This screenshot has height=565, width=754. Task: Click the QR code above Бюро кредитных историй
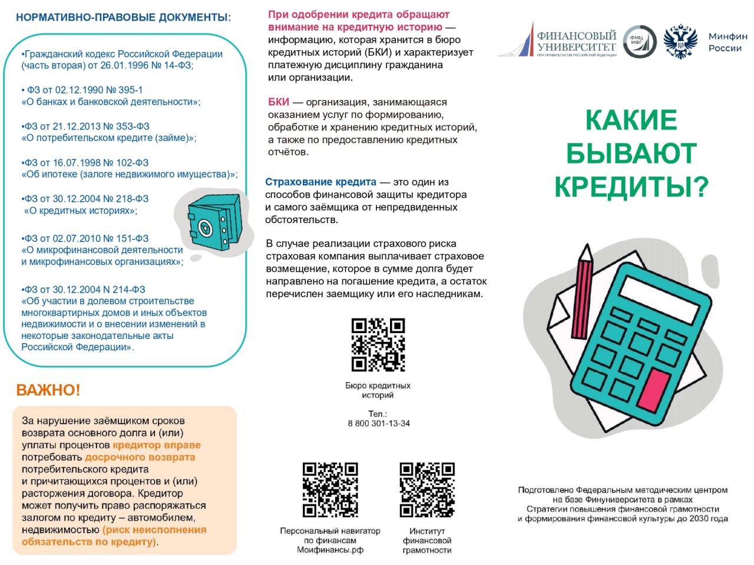pyautogui.click(x=378, y=345)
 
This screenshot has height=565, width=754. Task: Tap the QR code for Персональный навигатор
pyautogui.click(x=330, y=490)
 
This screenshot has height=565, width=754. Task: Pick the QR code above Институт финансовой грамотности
pyautogui.click(x=427, y=490)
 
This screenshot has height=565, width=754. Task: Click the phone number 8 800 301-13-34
pyautogui.click(x=379, y=423)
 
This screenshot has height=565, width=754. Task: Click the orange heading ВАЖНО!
pyautogui.click(x=48, y=390)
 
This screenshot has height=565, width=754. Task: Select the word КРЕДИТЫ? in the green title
pyautogui.click(x=631, y=187)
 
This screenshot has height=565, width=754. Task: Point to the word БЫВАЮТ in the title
pyautogui.click(x=631, y=154)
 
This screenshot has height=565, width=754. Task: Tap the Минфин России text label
pyautogui.click(x=727, y=42)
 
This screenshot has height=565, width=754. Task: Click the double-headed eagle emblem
pyautogui.click(x=680, y=41)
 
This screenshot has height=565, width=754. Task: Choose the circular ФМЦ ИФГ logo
pyautogui.click(x=639, y=42)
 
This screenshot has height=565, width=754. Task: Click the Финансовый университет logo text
pyautogui.click(x=576, y=41)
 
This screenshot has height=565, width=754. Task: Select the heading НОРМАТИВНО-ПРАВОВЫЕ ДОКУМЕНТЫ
pyautogui.click(x=123, y=18)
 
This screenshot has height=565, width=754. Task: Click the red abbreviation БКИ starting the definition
pyautogui.click(x=279, y=102)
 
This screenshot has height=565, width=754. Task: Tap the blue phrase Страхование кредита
pyautogui.click(x=320, y=182)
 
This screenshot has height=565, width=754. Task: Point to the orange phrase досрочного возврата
pyautogui.click(x=140, y=457)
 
